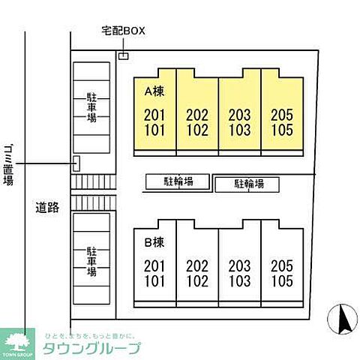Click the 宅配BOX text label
[123, 31]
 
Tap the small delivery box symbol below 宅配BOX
[123, 55]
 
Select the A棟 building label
[154, 91]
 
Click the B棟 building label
[154, 241]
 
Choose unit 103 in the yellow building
[239, 128]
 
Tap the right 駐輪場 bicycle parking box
[248, 184]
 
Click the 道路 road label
[47, 205]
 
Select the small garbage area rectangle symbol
[76, 163]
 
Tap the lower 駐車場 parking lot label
[91, 262]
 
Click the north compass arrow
[344, 320]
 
